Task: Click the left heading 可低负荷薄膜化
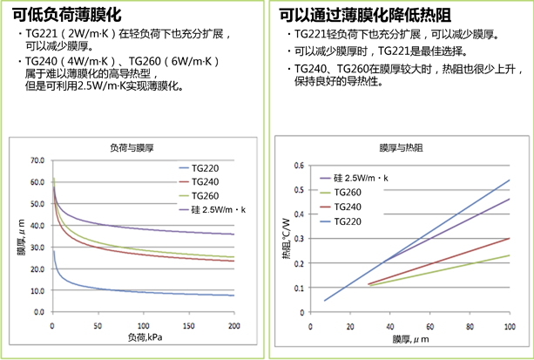tap(67, 14)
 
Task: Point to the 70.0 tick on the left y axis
tap(37, 161)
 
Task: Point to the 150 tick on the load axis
tap(189, 327)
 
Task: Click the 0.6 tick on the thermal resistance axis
tap(299, 165)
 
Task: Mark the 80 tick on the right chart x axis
tap(471, 326)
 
